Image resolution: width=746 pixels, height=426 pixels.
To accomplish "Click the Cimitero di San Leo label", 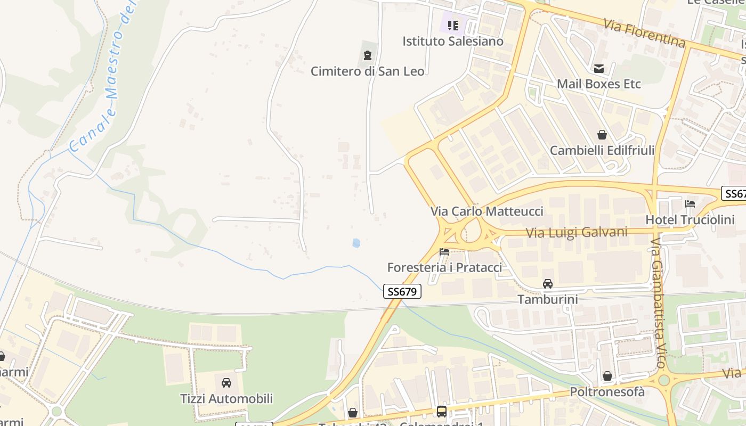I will [x=368, y=71].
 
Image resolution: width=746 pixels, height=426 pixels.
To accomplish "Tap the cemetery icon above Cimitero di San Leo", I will [x=367, y=55].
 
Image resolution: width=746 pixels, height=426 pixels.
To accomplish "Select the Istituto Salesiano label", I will [x=452, y=41].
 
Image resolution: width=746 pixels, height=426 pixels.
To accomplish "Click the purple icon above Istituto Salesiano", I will [x=453, y=25].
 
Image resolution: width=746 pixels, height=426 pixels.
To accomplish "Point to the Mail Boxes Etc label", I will [x=598, y=84].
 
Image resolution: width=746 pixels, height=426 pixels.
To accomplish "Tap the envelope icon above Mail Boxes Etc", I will [x=599, y=68].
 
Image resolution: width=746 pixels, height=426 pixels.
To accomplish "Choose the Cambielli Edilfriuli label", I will [x=602, y=150].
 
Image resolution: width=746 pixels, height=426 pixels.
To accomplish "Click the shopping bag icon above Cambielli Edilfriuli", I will [x=602, y=135].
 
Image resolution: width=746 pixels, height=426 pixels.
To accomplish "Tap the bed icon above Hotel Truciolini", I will [x=690, y=203].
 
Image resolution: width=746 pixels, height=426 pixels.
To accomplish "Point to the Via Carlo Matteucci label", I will [x=487, y=211].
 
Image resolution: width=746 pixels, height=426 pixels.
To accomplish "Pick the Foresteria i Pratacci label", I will [x=444, y=267].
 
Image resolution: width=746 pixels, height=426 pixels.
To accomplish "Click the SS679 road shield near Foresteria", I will [x=402, y=291].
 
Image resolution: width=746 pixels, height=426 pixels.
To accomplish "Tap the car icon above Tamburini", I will [x=548, y=283].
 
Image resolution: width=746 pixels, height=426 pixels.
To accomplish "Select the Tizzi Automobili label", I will [x=226, y=398].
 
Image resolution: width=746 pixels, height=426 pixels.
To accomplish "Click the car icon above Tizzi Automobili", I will [x=226, y=382].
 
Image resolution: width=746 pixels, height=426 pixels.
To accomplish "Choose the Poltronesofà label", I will [x=607, y=392].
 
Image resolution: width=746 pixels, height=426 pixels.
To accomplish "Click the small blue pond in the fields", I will [x=356, y=243].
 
